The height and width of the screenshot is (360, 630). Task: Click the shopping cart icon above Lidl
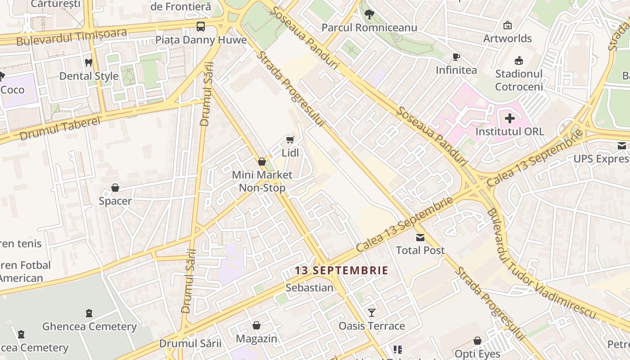click(x=290, y=140)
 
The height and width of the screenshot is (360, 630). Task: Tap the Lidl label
click(x=290, y=153)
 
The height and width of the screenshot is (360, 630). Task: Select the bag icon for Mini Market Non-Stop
click(x=262, y=162)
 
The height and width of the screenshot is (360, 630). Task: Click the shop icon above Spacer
click(x=115, y=188)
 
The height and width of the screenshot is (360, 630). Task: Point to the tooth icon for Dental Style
click(x=89, y=63)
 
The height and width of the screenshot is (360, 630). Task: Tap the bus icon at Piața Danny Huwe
click(x=201, y=27)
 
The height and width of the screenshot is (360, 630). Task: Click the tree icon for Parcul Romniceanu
click(x=369, y=14)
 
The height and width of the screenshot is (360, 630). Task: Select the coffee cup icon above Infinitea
click(x=456, y=57)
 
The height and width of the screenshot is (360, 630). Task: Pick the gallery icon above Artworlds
click(x=508, y=25)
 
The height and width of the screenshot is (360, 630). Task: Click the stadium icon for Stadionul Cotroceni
click(x=519, y=60)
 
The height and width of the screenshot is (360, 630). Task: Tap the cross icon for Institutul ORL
click(x=510, y=118)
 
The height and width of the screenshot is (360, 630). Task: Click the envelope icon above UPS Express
click(x=622, y=146)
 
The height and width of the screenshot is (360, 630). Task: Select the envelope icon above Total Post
click(x=420, y=237)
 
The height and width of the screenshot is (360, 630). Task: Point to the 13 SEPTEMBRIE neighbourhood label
click(x=342, y=270)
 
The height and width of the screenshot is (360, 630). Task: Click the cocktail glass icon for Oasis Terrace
click(x=372, y=312)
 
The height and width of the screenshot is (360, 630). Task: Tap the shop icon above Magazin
click(x=256, y=325)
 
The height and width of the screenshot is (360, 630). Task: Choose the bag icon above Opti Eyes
click(x=477, y=341)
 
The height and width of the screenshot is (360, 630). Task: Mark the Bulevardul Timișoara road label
click(x=72, y=36)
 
